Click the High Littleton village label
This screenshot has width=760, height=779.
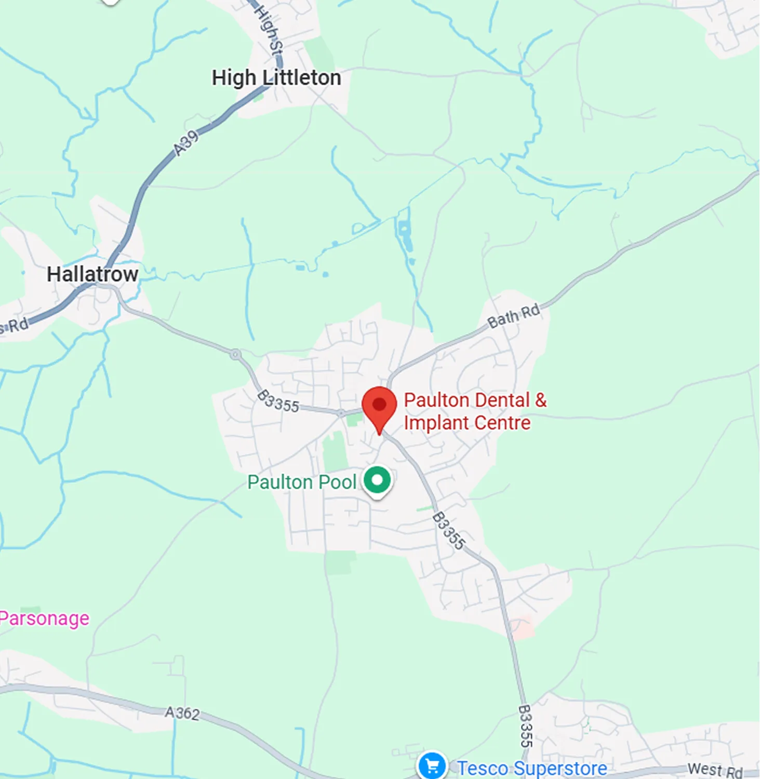pyautogui.click(x=276, y=78)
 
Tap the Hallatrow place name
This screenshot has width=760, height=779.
pyautogui.click(x=92, y=274)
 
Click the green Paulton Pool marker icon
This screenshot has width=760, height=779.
pyautogui.click(x=377, y=480)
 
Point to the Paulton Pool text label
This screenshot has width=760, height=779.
pyautogui.click(x=302, y=482)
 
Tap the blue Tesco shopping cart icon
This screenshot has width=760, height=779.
pyautogui.click(x=432, y=765)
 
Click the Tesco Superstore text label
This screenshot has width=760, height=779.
pyautogui.click(x=532, y=768)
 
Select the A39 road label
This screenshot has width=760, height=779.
pyautogui.click(x=186, y=143)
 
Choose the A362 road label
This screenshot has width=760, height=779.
pyautogui.click(x=182, y=712)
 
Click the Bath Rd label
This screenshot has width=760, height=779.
pyautogui.click(x=514, y=315)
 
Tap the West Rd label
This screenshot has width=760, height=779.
pyautogui.click(x=715, y=770)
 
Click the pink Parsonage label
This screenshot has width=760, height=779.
pyautogui.click(x=44, y=618)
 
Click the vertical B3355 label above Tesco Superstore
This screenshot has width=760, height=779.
pyautogui.click(x=526, y=726)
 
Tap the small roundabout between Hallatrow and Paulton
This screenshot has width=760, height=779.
pyautogui.click(x=236, y=354)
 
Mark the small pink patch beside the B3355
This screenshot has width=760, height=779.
pyautogui.click(x=522, y=628)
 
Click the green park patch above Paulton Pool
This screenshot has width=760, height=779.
pyautogui.click(x=335, y=452)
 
